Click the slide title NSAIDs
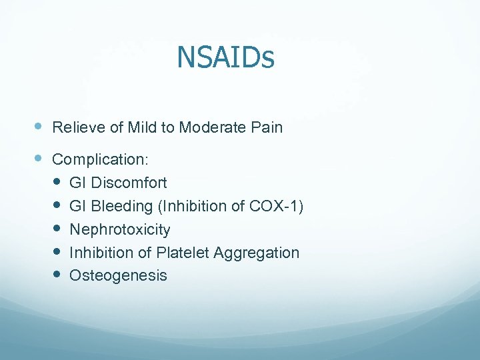click(x=225, y=57)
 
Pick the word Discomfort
click(x=129, y=183)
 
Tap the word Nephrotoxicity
click(x=120, y=230)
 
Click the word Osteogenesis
click(x=118, y=276)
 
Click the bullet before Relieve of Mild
click(x=38, y=126)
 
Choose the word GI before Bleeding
click(x=78, y=206)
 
